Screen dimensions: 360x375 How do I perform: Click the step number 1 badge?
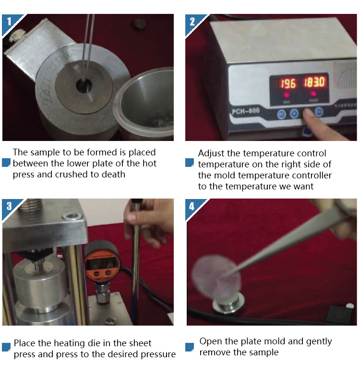click(x=9, y=22)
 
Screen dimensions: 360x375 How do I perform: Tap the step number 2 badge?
click(x=192, y=22)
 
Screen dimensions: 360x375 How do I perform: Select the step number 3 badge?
click(x=9, y=206)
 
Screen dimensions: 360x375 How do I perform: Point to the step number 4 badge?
click(x=192, y=206)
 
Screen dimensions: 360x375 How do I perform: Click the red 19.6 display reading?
click(x=288, y=84)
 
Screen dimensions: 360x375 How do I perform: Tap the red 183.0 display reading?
click(x=314, y=82)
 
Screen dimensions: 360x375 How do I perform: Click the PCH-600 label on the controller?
click(x=246, y=111)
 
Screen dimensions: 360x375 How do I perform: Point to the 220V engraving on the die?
click(x=48, y=91)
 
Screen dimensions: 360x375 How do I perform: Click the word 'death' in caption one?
click(x=113, y=175)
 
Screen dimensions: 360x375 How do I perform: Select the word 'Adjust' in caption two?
click(x=211, y=153)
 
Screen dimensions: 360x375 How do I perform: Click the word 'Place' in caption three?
click(x=24, y=343)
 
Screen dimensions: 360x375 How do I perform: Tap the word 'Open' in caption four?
click(x=210, y=341)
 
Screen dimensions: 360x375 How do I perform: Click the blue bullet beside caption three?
click(x=6, y=347)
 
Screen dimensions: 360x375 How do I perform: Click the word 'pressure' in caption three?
click(x=158, y=354)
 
